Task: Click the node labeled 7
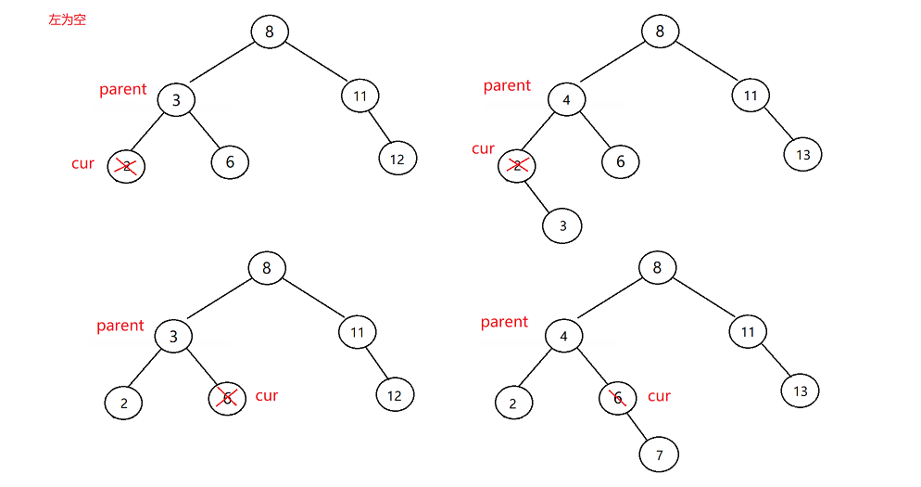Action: click(x=659, y=455)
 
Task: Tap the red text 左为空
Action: click(x=67, y=19)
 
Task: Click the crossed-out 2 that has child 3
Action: click(x=517, y=164)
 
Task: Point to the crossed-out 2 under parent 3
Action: click(x=126, y=166)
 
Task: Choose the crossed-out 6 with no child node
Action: click(x=226, y=398)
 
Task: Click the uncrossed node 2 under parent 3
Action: click(x=123, y=403)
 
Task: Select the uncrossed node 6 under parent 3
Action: click(x=230, y=162)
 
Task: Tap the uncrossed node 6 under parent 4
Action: click(x=620, y=161)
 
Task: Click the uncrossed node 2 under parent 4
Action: click(x=512, y=403)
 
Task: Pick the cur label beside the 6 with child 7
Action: click(x=659, y=396)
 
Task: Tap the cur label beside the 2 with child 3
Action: click(x=483, y=148)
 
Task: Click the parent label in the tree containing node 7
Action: click(x=504, y=322)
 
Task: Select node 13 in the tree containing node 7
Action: click(x=801, y=391)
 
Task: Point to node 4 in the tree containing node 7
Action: click(x=563, y=335)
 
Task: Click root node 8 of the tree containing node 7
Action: click(x=657, y=269)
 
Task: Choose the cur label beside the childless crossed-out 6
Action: click(x=266, y=395)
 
